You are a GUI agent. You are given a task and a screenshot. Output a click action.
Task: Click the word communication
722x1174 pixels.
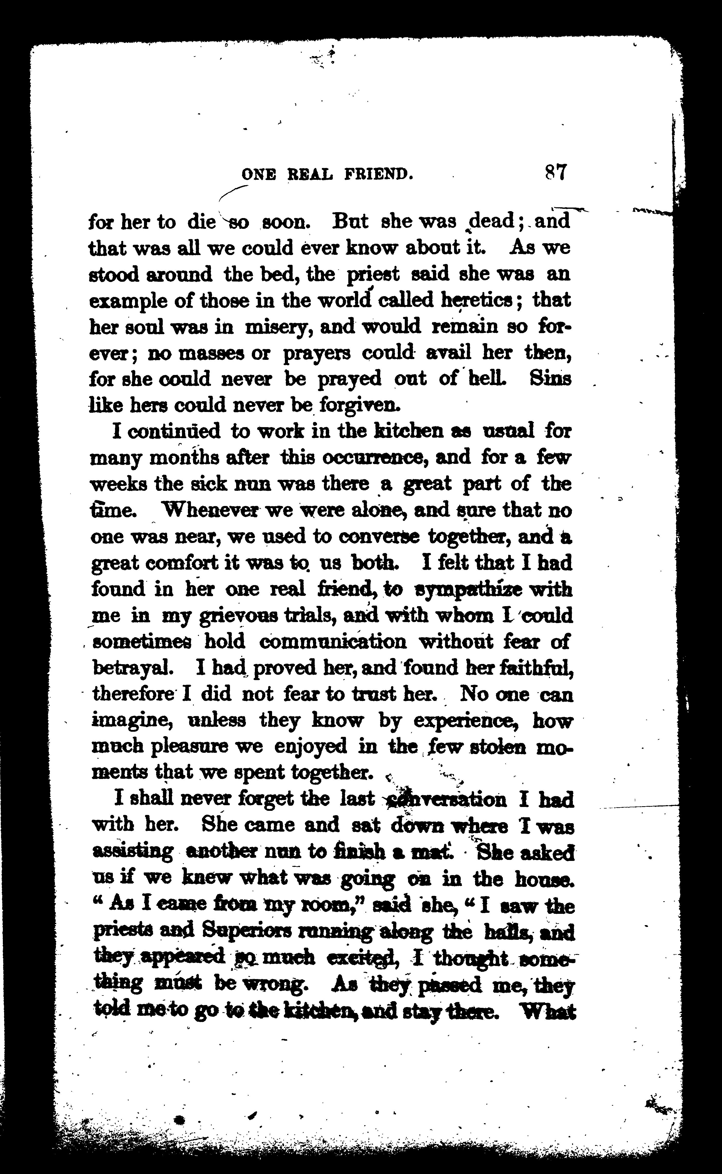tap(333, 642)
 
